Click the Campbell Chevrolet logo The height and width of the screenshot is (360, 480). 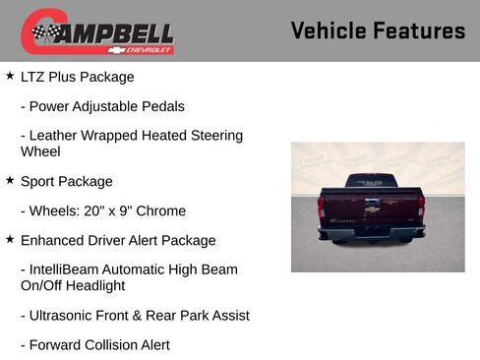coord(97,31)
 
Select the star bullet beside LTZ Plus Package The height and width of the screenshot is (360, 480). coord(10,76)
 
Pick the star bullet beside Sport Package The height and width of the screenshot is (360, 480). coord(10,181)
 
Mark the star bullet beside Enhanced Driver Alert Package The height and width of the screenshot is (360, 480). coord(10,239)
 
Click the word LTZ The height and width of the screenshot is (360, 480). coord(34,77)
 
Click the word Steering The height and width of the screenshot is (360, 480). coord(214,136)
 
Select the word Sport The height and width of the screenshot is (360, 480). coord(39,182)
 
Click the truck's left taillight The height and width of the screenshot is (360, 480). coord(322,206)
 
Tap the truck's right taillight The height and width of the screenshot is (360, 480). coord(422,206)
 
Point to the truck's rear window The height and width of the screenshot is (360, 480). coord(371,182)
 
